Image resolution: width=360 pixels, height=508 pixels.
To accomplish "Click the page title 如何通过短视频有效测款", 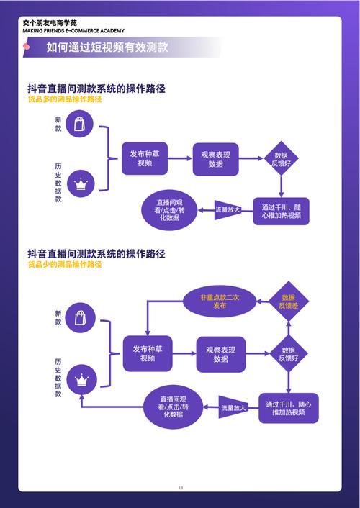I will [x=107, y=47].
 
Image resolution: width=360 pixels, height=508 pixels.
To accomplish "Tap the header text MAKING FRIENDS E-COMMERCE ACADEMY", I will [x=63, y=30].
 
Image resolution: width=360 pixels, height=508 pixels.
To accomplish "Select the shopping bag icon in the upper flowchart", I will [x=79, y=124].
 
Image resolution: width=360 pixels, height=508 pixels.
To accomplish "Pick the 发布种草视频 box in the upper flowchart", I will [x=145, y=158].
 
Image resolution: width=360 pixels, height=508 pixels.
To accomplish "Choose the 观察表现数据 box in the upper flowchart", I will [x=215, y=158].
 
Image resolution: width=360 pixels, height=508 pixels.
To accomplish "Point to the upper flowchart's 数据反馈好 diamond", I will [x=281, y=159].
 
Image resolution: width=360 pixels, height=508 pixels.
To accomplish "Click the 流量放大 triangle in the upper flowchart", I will [x=229, y=209].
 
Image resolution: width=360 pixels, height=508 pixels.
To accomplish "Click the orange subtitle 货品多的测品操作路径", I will [x=65, y=99].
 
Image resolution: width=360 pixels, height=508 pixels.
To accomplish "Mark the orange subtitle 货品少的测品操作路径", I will [x=65, y=265].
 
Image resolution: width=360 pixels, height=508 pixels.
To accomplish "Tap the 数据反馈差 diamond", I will [x=288, y=301].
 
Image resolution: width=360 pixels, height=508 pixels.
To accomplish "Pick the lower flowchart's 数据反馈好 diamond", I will [x=288, y=354].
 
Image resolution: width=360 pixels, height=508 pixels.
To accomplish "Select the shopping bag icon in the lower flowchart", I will [x=81, y=317].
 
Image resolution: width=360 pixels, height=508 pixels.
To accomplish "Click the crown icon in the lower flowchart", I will [x=81, y=378].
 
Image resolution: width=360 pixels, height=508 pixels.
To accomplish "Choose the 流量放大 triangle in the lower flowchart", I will [x=233, y=407].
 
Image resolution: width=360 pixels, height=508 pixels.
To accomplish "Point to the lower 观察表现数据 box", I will [x=221, y=354].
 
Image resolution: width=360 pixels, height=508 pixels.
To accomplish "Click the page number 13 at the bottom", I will [x=181, y=489].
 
